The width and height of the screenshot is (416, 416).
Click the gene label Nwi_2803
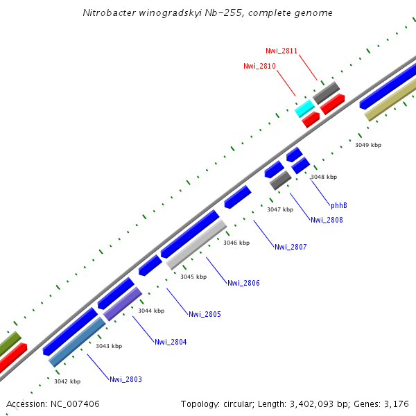125,379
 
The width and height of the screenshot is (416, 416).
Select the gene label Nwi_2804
171,342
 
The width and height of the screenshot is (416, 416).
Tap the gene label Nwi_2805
205,314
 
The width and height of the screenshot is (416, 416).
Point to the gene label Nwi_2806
243,283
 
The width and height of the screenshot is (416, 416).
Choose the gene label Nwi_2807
291,247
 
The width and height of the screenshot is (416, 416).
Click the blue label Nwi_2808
327,220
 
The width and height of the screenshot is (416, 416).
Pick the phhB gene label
339,205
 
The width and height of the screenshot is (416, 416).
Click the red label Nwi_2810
259,66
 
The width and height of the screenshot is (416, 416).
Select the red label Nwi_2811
281,51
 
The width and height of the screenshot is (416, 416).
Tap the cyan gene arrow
304,108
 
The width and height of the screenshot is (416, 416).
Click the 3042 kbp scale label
67,381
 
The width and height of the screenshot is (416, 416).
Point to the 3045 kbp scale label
193,277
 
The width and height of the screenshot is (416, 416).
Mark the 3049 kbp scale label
368,145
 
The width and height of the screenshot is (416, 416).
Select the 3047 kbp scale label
280,209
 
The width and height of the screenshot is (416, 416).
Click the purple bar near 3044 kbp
123,304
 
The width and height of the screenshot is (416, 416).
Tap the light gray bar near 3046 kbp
196,245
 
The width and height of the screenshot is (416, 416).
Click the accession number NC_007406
53,404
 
